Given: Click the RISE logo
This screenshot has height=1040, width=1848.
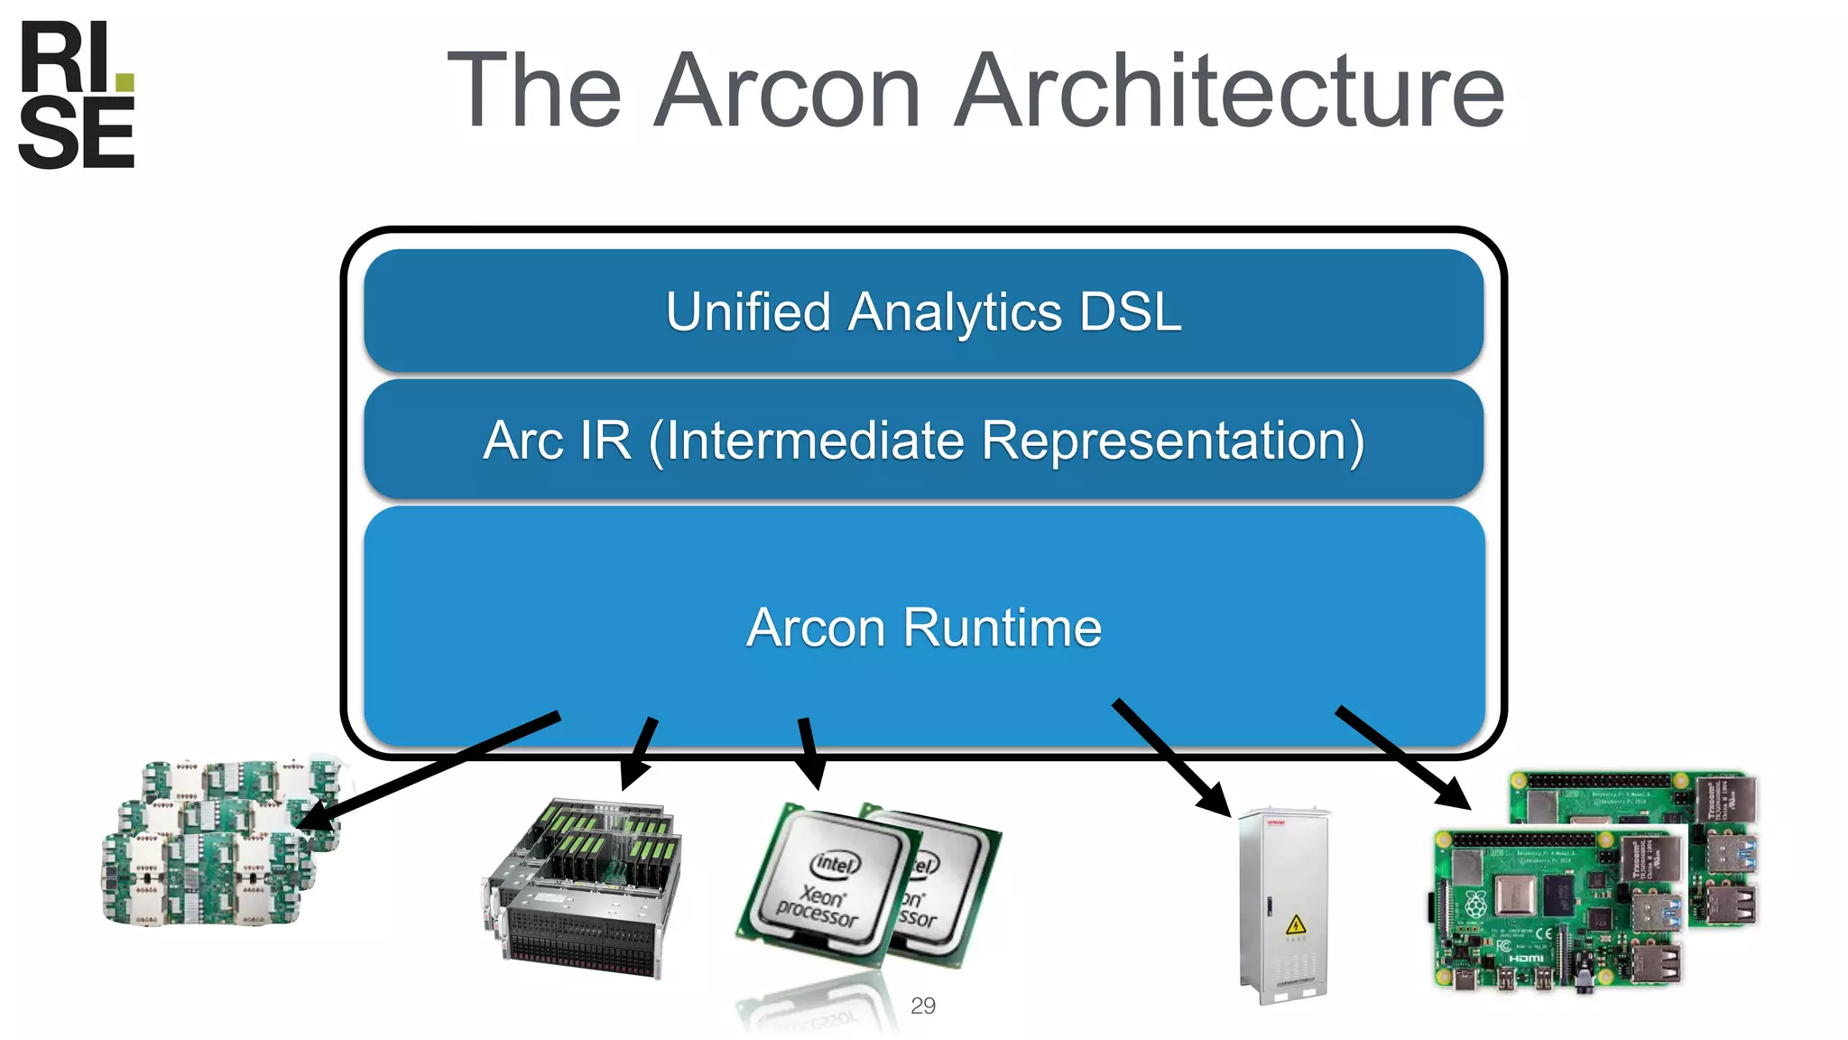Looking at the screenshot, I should [77, 95].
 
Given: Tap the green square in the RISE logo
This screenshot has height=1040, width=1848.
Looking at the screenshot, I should [125, 83].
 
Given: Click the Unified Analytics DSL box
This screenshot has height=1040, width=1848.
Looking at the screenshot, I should [923, 311].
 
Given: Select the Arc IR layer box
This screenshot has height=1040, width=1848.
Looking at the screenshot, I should [923, 441].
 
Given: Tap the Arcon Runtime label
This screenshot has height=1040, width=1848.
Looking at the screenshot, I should [923, 627].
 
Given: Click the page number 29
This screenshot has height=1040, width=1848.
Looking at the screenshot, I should [923, 1006].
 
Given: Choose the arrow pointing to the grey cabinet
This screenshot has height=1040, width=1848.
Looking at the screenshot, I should [1171, 757].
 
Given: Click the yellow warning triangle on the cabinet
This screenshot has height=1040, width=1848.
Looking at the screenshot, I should [1295, 924].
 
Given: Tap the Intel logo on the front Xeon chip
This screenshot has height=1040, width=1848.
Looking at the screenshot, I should [836, 864].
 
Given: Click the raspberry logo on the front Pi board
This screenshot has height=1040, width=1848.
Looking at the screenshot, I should [1475, 904].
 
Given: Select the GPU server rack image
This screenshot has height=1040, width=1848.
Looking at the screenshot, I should [582, 889].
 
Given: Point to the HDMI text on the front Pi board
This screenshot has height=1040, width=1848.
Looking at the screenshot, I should [1525, 958].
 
